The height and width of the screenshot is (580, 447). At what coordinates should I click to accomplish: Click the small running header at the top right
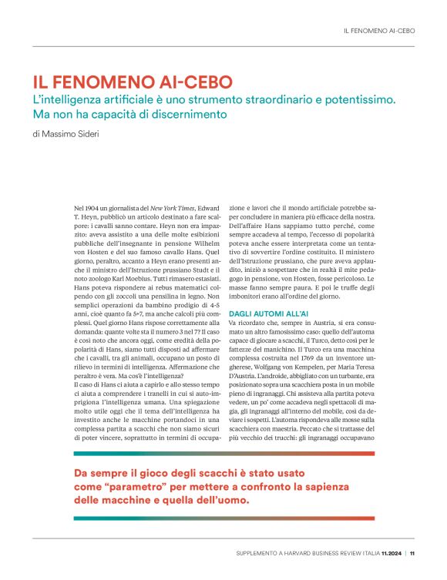click(x=378, y=31)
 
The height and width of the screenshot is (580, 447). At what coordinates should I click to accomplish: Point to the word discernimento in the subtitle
click(x=187, y=115)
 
